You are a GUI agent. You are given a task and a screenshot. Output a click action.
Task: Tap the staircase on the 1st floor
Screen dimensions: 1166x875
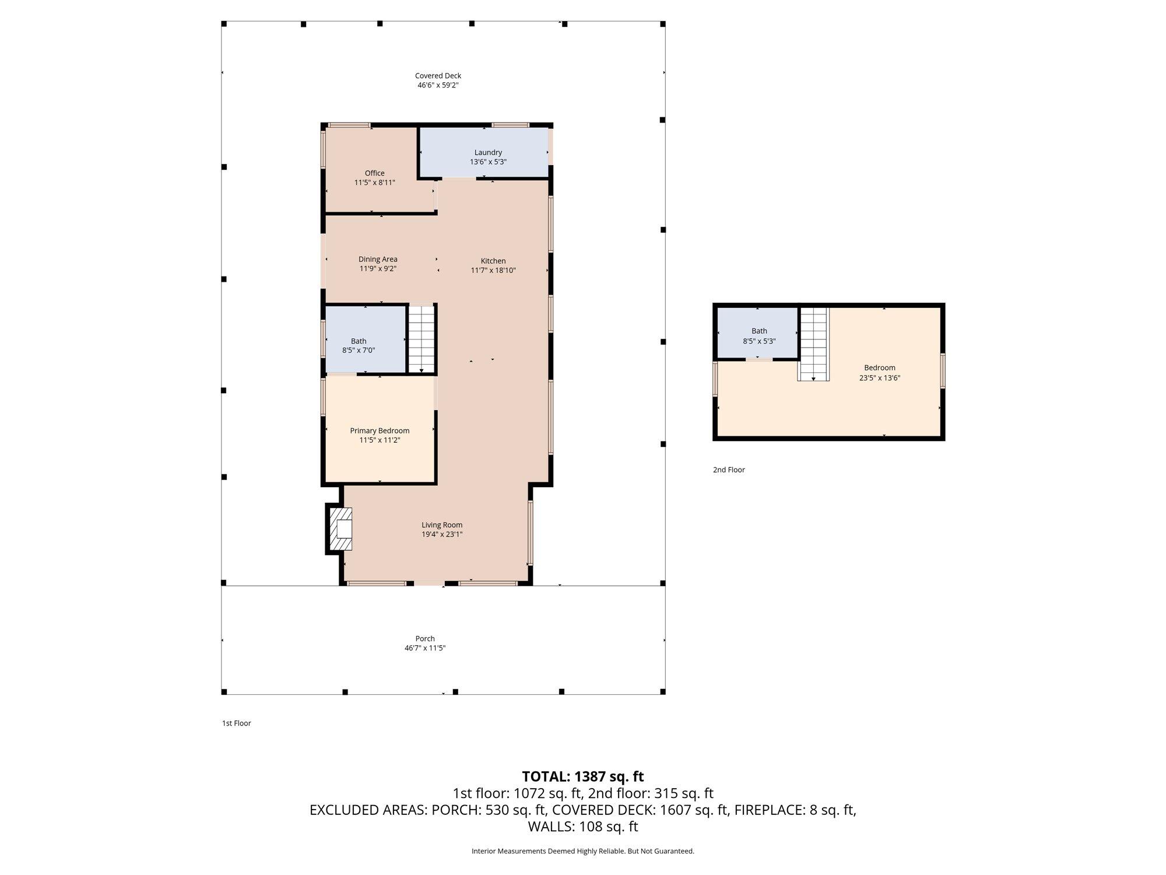[421, 338]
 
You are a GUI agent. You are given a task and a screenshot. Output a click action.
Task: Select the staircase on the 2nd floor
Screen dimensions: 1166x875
[813, 344]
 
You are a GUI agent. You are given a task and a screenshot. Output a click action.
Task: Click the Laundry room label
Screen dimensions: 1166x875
[488, 152]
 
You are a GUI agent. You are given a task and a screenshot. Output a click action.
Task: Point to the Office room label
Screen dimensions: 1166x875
[375, 173]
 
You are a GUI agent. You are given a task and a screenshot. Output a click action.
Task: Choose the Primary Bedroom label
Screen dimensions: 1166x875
[380, 430]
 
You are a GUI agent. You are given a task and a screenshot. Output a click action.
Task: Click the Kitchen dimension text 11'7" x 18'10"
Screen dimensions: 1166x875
[493, 270]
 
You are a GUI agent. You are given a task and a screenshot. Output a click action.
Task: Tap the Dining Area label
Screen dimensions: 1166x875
[378, 259]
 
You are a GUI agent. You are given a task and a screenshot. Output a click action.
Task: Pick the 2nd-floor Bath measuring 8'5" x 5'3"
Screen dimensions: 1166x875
[757, 332]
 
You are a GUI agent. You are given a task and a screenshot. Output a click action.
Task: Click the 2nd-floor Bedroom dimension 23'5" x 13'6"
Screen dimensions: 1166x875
[880, 377]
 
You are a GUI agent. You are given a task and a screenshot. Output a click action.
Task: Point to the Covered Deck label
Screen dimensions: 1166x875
[438, 75]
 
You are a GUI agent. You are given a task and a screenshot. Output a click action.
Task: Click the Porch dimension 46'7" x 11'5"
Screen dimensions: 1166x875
[425, 647]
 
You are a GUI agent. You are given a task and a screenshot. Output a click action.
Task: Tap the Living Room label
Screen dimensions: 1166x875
[442, 524]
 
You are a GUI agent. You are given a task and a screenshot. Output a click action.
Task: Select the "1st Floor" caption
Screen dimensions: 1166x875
[236, 723]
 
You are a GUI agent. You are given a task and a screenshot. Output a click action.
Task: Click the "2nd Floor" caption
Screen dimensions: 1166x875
[729, 470]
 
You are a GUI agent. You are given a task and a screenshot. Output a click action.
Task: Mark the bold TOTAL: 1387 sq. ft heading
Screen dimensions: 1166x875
[583, 776]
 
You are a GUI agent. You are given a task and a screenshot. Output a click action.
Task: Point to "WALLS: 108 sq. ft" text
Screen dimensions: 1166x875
[583, 827]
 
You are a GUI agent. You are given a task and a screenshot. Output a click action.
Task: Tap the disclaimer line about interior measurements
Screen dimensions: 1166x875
[583, 851]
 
